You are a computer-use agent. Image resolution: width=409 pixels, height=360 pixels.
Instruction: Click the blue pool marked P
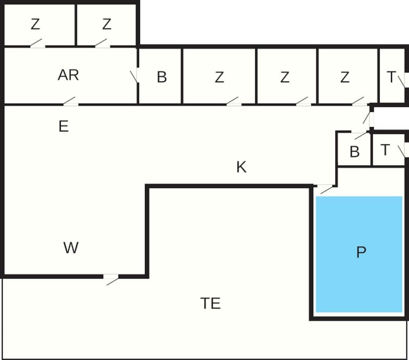coord(360,253)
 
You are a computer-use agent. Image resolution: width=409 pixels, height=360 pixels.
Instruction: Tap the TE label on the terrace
coord(211,304)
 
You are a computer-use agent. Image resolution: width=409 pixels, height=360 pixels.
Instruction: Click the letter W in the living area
coord(71,248)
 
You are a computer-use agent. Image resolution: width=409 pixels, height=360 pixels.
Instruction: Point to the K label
coord(241,167)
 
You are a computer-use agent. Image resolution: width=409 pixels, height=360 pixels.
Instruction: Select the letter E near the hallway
coord(63,127)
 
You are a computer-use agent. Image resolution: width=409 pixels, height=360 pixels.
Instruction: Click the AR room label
coord(68,75)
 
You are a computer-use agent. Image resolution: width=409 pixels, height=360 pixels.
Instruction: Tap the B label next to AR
coord(162,77)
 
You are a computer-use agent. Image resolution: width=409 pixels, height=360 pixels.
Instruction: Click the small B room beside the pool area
coord(355,152)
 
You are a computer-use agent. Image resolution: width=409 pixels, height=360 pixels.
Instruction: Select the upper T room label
coord(391,77)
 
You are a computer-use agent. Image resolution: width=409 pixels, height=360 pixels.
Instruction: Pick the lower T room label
coord(385,150)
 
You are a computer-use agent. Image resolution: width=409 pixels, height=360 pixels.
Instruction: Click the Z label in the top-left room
coord(36,25)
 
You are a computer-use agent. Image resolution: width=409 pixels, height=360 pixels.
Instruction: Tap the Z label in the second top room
coord(107,25)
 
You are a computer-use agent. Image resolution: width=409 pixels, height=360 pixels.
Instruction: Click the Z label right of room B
coord(220,77)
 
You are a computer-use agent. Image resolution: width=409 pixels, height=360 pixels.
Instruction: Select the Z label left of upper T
coord(345,77)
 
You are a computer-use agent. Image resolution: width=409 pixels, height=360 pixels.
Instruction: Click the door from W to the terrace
coord(111,278)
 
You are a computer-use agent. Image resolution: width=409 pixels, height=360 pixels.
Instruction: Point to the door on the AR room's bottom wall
coord(70,102)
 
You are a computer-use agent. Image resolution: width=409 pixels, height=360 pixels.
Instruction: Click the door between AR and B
coord(135,76)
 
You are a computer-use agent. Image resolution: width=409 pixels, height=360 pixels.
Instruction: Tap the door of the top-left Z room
coord(37,44)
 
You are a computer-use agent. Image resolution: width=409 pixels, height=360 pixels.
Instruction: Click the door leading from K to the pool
coord(326,188)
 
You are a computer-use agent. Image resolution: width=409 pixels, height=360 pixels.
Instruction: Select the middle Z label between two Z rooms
coord(285,77)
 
